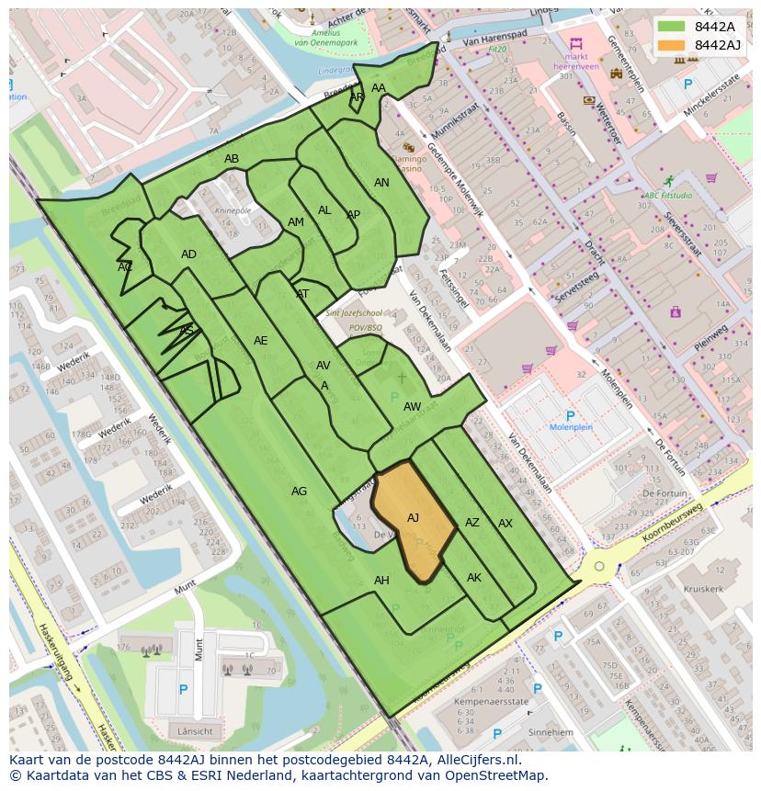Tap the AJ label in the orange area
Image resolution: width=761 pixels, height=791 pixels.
pos(413,518)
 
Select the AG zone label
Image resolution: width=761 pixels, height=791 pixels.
pos(299,492)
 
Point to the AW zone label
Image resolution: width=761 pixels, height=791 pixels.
pos(412,407)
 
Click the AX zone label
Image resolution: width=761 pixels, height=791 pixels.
pos(505,524)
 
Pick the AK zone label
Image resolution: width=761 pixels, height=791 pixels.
pos(474,578)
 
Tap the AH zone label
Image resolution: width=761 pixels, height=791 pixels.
pos(381,581)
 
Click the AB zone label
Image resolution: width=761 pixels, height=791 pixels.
pos(232,159)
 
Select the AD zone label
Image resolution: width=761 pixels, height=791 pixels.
pos(188,254)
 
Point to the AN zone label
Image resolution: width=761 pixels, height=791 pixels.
pos(381,183)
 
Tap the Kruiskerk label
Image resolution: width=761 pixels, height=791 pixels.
pos(703,589)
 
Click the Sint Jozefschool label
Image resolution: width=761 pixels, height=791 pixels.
pos(354,314)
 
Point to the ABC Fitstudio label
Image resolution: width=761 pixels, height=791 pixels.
pos(668,196)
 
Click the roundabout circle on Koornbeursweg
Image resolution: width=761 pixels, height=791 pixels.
pos(599,566)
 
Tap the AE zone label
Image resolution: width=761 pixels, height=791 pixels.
pos(260,341)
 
